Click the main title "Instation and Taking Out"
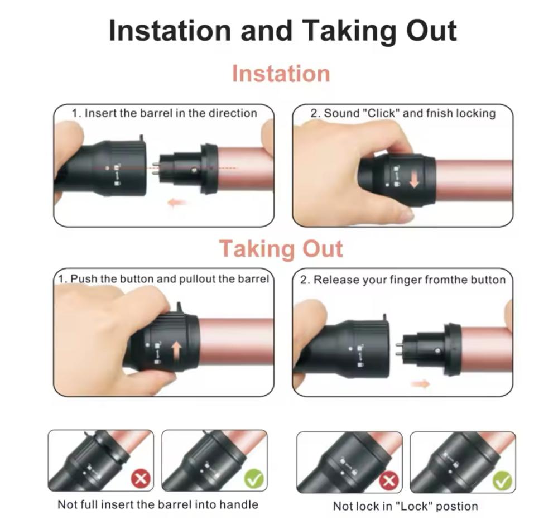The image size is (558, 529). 282,31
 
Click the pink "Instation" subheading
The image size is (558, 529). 281,74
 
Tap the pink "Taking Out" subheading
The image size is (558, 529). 281,248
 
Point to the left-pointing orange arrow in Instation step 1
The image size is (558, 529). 177,203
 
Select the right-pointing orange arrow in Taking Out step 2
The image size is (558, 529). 420,384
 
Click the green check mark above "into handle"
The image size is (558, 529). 254,479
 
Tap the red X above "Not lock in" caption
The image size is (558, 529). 388,481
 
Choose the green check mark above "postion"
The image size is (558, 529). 502,481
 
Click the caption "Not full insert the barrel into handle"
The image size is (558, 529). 158,504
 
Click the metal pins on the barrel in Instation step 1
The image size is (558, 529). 156,168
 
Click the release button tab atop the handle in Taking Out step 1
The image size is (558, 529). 180,307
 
